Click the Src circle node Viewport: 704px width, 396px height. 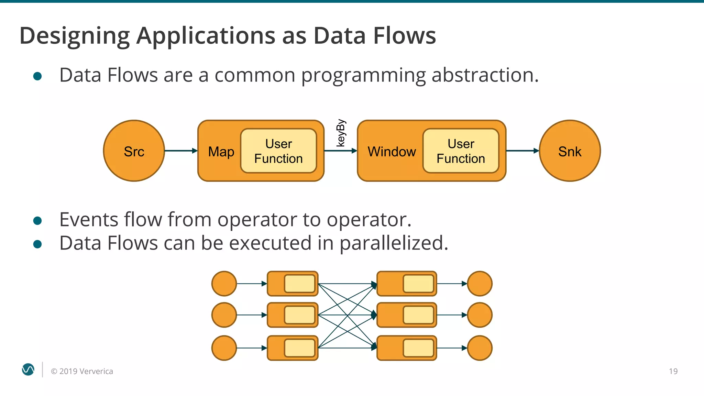pos(134,151)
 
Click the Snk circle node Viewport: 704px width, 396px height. pos(570,151)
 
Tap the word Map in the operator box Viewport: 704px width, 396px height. pos(221,152)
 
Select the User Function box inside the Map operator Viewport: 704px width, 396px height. pos(278,151)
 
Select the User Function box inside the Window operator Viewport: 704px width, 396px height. pos(461,151)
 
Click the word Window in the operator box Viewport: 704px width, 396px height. pos(392,152)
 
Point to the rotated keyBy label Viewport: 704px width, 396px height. pos(340,133)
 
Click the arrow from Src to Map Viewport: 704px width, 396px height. pos(181,151)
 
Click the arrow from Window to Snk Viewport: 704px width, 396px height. pos(522,151)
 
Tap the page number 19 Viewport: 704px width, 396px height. pos(673,371)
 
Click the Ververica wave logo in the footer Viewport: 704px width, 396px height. pos(28,370)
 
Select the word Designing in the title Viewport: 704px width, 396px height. pos(74,36)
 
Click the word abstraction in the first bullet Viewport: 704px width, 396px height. pos(485,75)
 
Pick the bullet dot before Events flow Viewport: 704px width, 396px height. pos(37,221)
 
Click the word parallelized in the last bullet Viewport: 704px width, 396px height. pos(394,243)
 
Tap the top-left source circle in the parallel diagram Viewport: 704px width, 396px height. pos(224,284)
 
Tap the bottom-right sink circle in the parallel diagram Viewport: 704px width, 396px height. pos(480,348)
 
